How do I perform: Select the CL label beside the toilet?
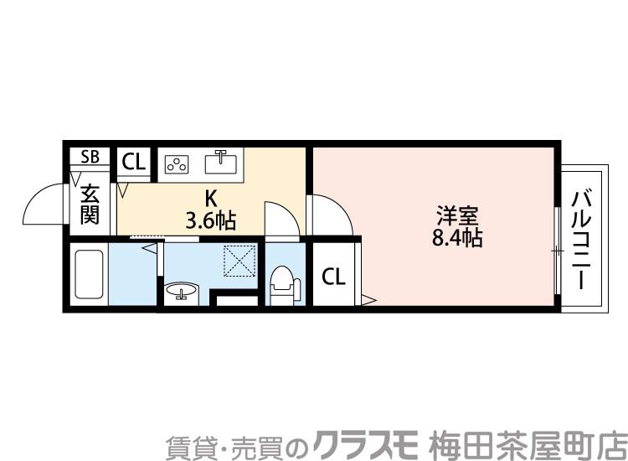point(333,277)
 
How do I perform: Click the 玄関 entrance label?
point(90,206)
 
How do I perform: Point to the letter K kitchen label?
point(211,199)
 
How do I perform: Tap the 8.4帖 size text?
point(456,237)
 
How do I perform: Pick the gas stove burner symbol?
point(178,163)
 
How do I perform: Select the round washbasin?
point(180,292)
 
